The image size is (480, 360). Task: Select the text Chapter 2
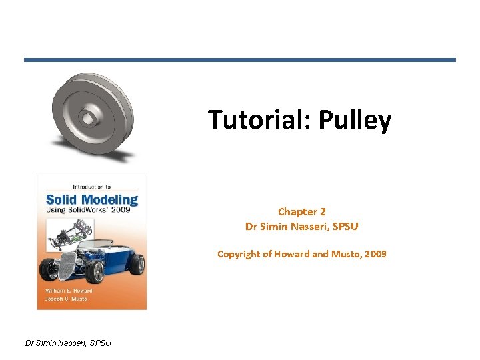coord(302,212)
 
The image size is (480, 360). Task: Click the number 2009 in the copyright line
coord(373,254)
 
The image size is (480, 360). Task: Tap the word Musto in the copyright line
coord(343,254)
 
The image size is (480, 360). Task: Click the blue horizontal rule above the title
coord(240,60)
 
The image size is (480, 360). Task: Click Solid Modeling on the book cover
coord(91,199)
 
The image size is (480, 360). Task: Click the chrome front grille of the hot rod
coord(65,266)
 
